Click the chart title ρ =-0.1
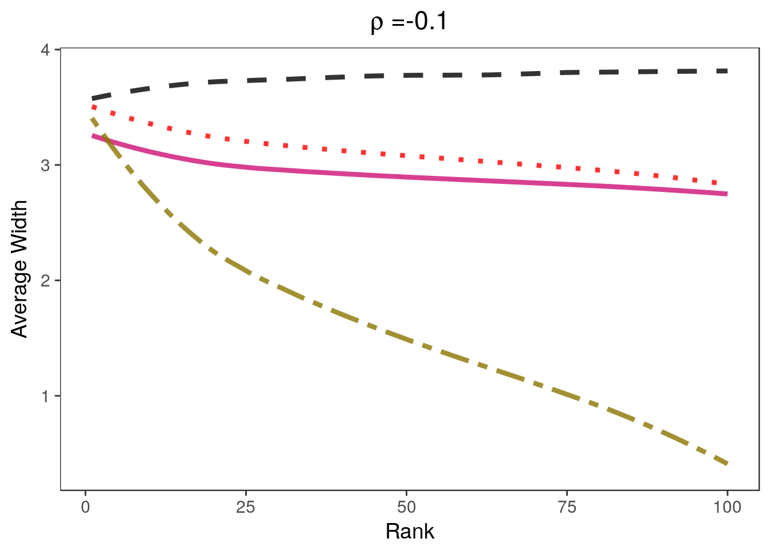[x=409, y=22]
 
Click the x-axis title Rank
[x=410, y=532]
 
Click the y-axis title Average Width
[x=19, y=269]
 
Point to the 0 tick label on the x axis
[x=85, y=507]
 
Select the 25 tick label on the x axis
[x=246, y=507]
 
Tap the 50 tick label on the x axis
[x=406, y=507]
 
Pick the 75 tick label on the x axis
[x=567, y=507]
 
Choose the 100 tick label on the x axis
[x=727, y=507]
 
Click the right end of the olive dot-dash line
[x=727, y=463]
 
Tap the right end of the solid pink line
[x=727, y=194]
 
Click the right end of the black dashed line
[x=727, y=71]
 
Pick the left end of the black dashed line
[x=92, y=99]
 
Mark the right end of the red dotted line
[x=726, y=184]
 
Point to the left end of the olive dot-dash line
[x=92, y=119]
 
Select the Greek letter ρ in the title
[x=377, y=24]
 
